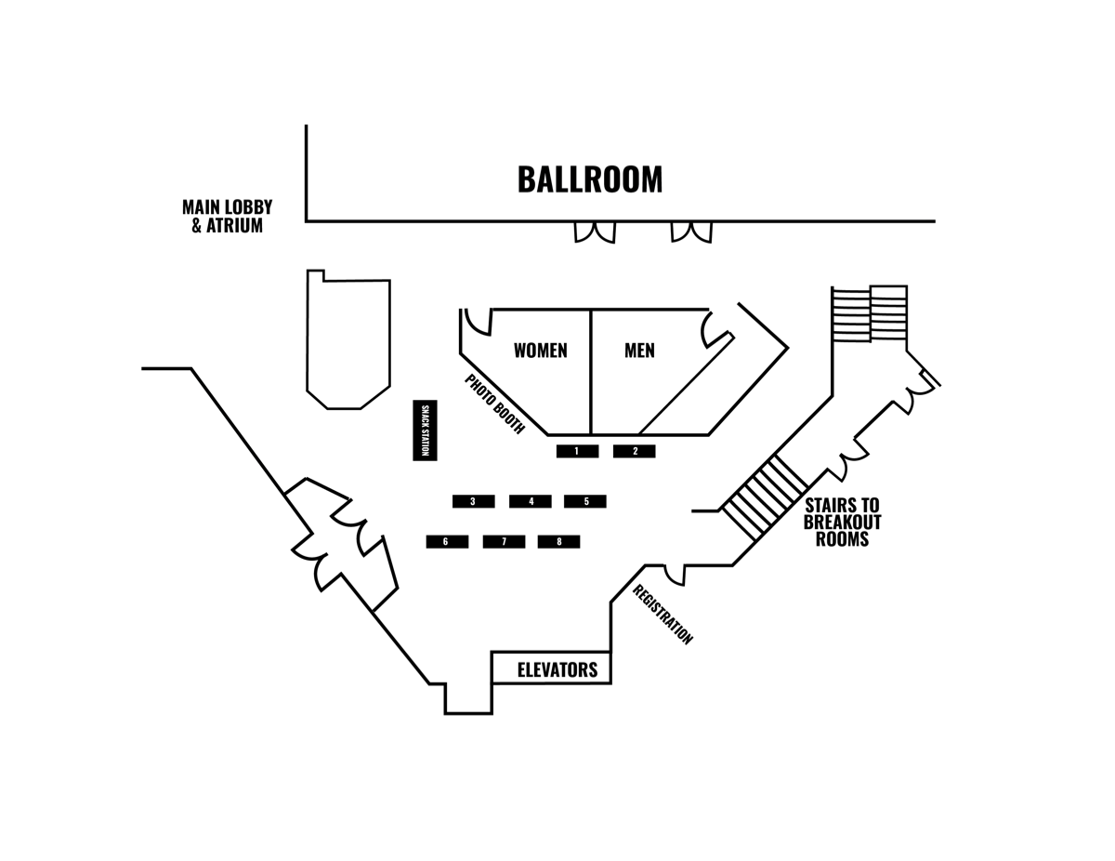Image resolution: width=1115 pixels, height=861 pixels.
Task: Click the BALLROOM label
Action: (590, 179)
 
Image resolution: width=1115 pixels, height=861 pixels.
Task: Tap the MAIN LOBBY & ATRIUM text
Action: (228, 216)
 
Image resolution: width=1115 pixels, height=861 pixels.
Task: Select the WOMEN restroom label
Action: (541, 351)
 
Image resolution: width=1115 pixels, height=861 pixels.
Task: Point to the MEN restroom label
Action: (639, 351)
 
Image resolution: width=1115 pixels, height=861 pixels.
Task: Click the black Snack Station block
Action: (425, 430)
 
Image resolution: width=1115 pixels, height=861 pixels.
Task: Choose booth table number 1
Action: (577, 451)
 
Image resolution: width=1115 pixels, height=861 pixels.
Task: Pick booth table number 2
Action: (635, 451)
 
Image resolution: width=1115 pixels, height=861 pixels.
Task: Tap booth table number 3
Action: (474, 501)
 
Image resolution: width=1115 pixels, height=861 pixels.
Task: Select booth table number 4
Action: (530, 501)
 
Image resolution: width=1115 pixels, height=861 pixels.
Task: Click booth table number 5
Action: (585, 501)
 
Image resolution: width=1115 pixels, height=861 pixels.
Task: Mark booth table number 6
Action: (447, 542)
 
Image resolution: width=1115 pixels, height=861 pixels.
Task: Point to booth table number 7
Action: (504, 542)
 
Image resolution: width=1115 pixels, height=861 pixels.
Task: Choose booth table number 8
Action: (558, 542)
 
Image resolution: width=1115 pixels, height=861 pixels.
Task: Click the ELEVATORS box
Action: (551, 668)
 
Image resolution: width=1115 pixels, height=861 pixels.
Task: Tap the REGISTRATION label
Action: (662, 615)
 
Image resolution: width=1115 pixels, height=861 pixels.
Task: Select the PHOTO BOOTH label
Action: (494, 404)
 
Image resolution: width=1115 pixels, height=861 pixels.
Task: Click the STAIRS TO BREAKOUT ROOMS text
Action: (842, 523)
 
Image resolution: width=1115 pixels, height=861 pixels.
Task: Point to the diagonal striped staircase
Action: (764, 498)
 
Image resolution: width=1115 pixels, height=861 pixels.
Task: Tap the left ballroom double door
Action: (595, 232)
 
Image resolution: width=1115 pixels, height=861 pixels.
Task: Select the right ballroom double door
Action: (691, 232)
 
